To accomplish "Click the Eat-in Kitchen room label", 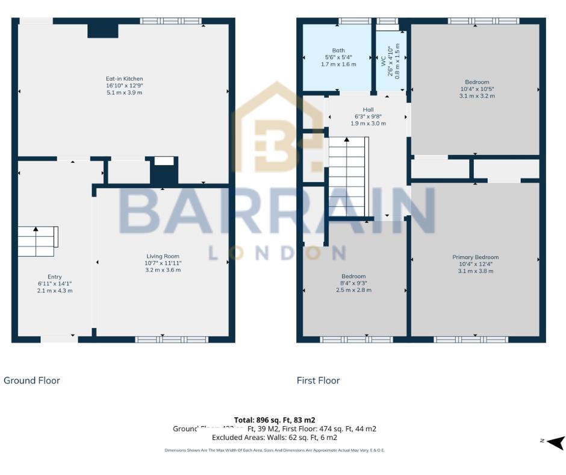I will coord(124,79).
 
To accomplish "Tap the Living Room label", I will coord(163,256).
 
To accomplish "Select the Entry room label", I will coord(55,277).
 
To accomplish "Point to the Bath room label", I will coord(338,51).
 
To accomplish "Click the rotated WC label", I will coord(383,61).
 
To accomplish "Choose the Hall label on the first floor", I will coord(368,110).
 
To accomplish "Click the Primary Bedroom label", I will coord(475,257).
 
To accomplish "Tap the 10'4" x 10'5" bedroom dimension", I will coord(476,89).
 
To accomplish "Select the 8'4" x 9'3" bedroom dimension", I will coord(353,283).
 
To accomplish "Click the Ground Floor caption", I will coord(32,380).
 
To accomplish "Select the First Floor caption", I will coord(318,380).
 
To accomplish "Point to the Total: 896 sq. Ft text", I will coord(275,420).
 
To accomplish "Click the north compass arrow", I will coord(556,442).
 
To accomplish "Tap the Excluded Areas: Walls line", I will coord(275,438).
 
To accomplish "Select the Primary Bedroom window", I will coord(471,339).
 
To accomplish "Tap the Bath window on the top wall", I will coord(354,21).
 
